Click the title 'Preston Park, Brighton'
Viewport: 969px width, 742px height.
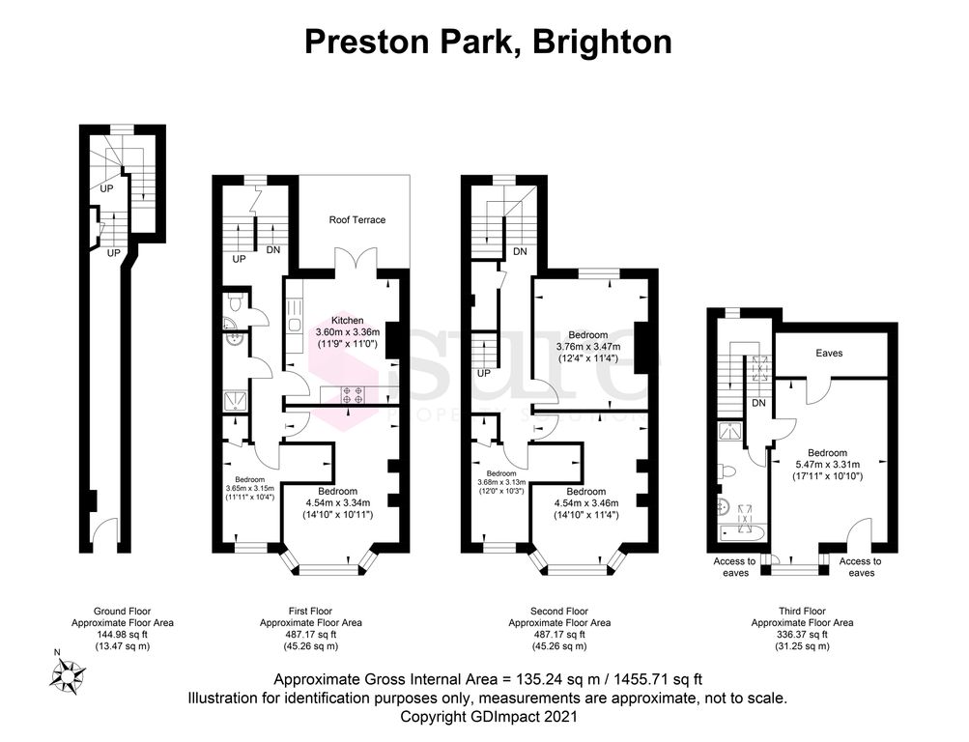click(487, 42)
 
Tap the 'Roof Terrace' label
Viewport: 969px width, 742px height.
click(356, 220)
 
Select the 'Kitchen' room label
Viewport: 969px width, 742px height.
click(347, 320)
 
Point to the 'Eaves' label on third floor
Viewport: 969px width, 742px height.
click(829, 354)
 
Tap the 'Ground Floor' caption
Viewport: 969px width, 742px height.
click(122, 611)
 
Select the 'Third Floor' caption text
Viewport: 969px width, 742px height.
click(802, 611)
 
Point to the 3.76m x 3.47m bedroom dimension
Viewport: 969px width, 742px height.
click(588, 347)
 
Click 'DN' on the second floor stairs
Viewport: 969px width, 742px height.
click(520, 252)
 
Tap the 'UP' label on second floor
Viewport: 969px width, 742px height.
click(483, 373)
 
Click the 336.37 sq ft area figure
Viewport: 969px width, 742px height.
click(802, 635)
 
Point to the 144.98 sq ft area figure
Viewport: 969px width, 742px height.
click(122, 635)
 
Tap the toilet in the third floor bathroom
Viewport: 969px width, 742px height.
click(729, 471)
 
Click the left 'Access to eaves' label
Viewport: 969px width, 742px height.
click(734, 567)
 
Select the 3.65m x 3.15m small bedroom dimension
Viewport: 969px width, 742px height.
click(249, 488)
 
